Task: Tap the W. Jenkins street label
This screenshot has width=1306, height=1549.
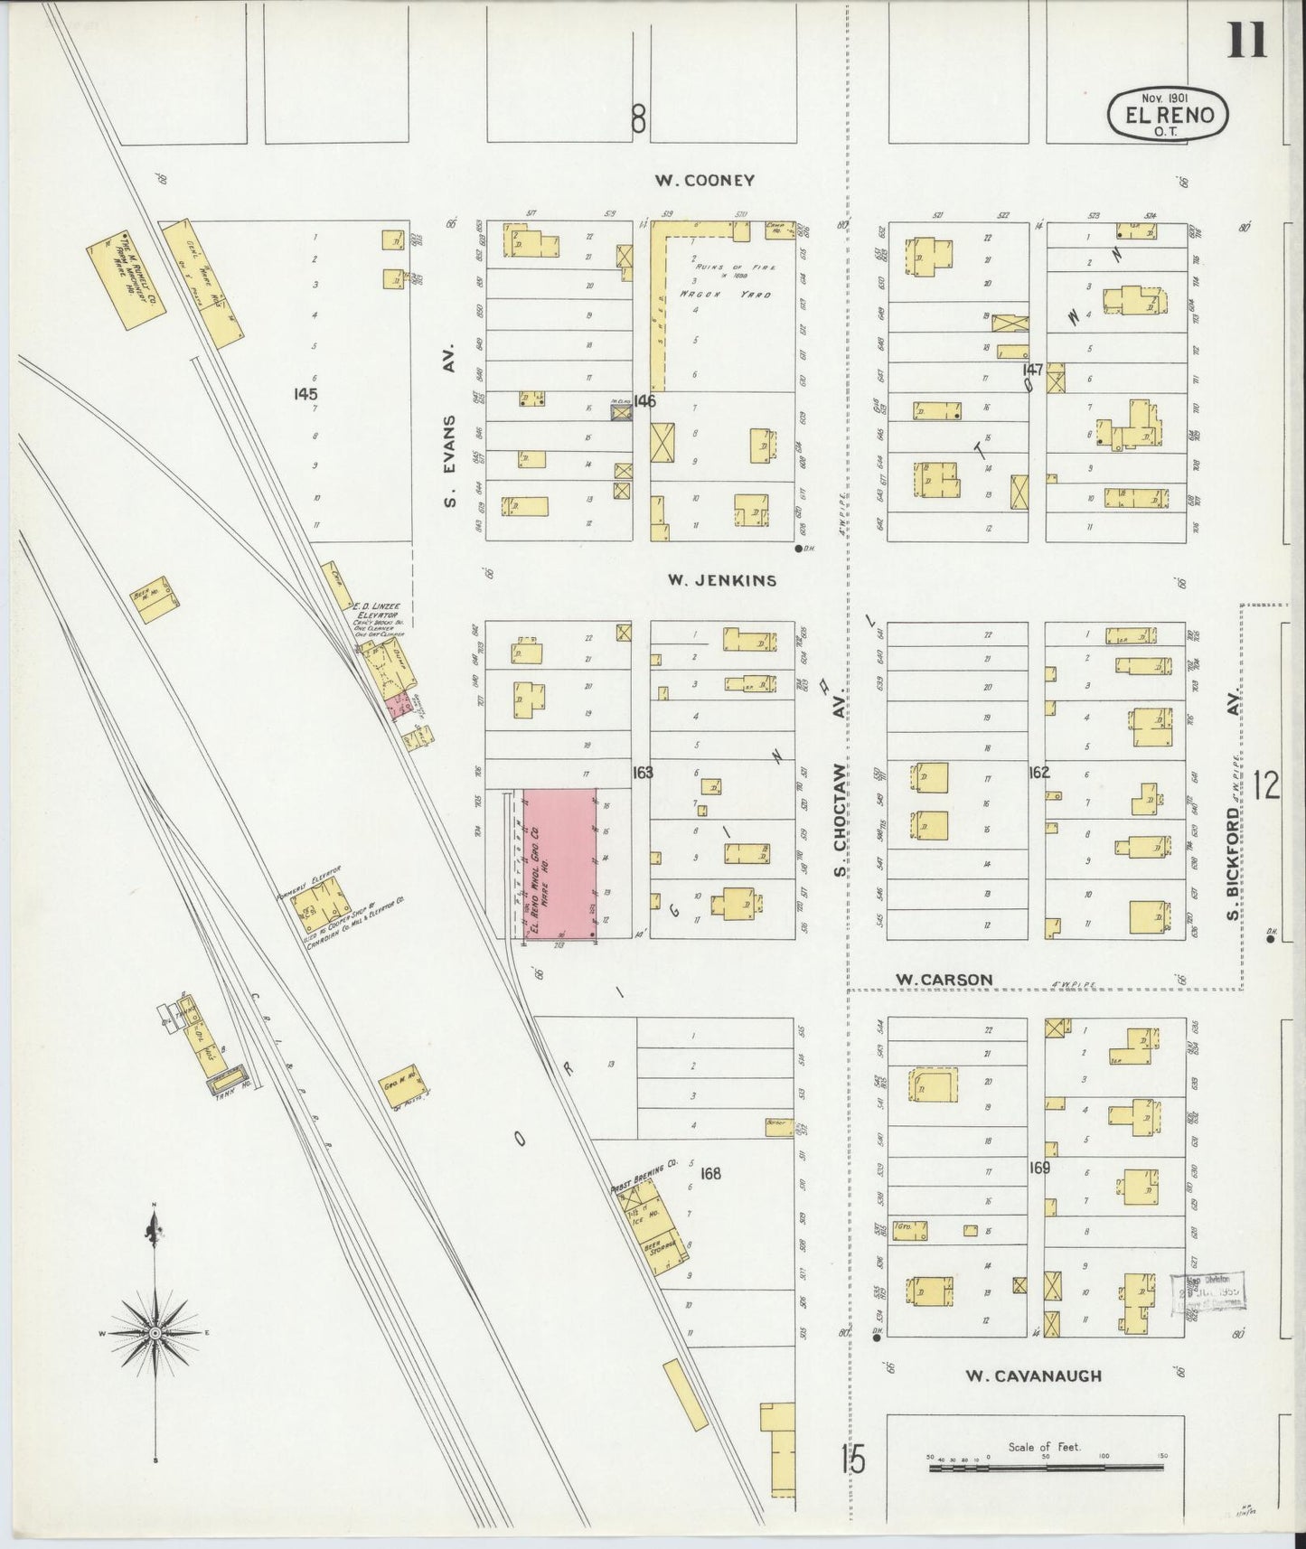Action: click(721, 581)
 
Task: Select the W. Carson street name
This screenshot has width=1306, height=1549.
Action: click(944, 980)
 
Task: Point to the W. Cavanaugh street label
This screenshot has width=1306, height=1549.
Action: click(1033, 1376)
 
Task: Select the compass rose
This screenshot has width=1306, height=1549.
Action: click(155, 1333)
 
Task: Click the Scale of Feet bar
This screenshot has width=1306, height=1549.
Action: click(1047, 1469)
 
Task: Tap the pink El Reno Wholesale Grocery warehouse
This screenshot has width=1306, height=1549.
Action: click(559, 863)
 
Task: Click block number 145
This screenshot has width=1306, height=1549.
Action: click(305, 394)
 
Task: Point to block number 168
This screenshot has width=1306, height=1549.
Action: click(710, 1173)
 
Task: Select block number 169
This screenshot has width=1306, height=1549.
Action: click(1038, 1168)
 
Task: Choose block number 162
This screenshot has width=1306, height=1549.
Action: click(1038, 773)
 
